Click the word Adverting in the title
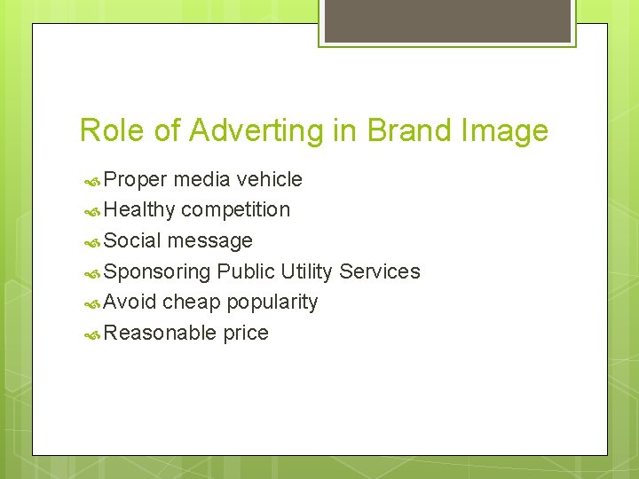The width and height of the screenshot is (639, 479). point(243,131)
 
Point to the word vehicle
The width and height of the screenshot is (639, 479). point(269,179)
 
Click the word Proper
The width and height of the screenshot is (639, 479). point(135,180)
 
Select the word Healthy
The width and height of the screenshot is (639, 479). point(139,210)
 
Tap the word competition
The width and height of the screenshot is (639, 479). point(235,210)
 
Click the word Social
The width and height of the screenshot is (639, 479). point(132,240)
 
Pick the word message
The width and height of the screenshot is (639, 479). point(209,241)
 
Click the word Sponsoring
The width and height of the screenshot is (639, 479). point(157,271)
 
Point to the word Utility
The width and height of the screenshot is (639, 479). point(307,271)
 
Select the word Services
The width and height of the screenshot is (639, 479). point(380,271)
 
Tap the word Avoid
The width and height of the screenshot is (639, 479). point(130,302)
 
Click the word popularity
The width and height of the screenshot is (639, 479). point(272,302)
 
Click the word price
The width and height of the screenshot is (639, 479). point(246,334)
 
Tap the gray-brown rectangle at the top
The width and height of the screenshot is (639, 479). point(447,20)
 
